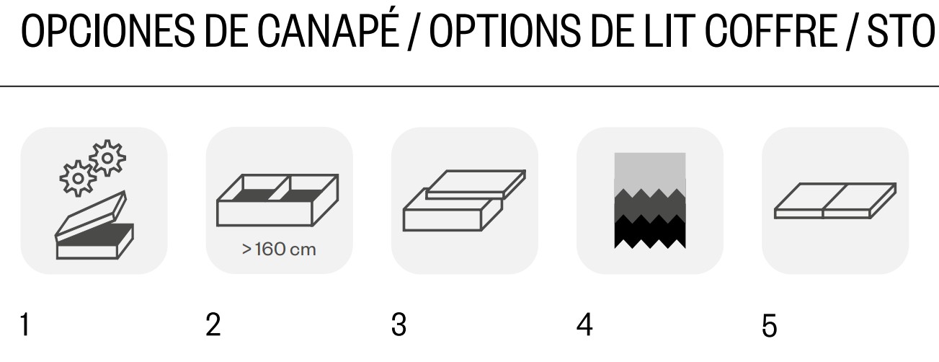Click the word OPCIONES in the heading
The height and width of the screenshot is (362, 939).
tap(107, 31)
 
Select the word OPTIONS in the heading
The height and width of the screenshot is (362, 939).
tap(506, 31)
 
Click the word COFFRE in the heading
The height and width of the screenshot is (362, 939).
tap(771, 31)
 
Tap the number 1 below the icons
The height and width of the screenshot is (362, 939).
tap(25, 325)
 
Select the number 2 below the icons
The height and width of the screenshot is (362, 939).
tap(213, 325)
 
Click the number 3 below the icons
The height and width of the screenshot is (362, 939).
tap(399, 325)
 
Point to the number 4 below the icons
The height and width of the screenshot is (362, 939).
tap(584, 325)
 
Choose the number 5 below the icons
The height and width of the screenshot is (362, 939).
tap(769, 325)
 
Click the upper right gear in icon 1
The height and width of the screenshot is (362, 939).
tap(107, 158)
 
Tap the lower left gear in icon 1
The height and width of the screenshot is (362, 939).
tap(78, 178)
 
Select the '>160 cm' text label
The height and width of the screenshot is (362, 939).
tap(279, 250)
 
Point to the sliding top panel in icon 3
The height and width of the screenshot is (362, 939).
tap(476, 184)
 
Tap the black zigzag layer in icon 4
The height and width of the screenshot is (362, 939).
tap(650, 233)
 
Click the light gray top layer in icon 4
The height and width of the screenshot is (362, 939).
tap(650, 172)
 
